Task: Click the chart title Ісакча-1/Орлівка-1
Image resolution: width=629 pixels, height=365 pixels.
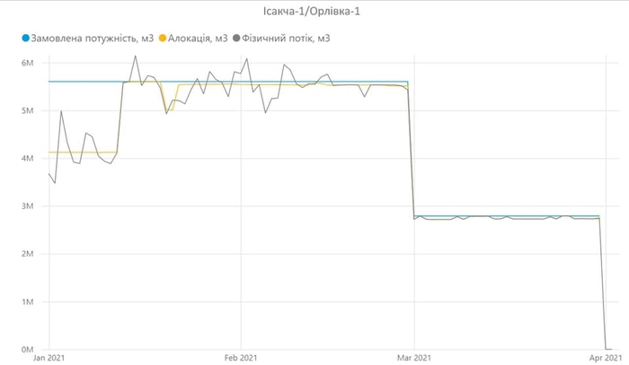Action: click(x=314, y=13)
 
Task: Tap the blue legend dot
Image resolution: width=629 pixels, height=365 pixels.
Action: click(x=26, y=39)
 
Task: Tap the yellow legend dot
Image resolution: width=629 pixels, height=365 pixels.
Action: click(x=163, y=39)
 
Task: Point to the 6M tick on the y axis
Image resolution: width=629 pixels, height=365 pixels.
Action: click(x=27, y=64)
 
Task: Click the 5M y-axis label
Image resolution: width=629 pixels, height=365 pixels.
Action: click(x=27, y=111)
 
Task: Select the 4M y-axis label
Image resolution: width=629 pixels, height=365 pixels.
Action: click(x=27, y=159)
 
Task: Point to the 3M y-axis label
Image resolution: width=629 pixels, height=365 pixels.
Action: click(x=27, y=206)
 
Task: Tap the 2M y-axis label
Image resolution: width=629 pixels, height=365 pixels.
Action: click(x=27, y=254)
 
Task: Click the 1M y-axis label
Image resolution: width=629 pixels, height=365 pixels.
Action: click(x=27, y=301)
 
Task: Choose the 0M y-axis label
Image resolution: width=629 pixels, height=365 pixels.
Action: click(x=27, y=349)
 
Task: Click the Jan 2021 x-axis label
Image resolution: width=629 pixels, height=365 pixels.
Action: click(x=49, y=357)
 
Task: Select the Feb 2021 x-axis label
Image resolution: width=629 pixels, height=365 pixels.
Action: click(x=241, y=357)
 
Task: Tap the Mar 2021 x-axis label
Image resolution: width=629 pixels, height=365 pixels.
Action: click(x=413, y=357)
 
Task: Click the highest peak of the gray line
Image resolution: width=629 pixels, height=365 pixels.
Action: click(x=136, y=56)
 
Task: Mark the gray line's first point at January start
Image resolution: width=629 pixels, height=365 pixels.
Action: click(x=49, y=174)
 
